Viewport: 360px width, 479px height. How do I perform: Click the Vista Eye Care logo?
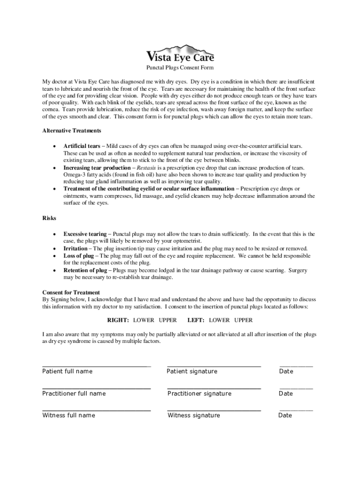[x=180, y=54]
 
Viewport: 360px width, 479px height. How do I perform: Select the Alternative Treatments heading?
[x=72, y=131]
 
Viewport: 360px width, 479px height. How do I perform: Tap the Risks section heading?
[x=49, y=218]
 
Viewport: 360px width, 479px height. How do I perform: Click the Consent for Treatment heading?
[x=71, y=292]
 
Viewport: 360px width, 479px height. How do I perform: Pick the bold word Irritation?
[x=76, y=248]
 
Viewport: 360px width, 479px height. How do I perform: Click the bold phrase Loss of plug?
[x=79, y=256]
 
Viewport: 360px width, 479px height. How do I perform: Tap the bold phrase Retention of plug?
[x=85, y=270]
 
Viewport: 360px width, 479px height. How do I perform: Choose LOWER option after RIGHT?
[x=144, y=320]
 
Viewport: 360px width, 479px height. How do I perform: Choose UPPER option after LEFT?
[x=243, y=320]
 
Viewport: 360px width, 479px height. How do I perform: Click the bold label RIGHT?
[x=118, y=320]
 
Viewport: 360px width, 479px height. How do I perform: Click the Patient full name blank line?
[x=96, y=366]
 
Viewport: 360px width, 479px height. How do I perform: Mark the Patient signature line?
[x=214, y=366]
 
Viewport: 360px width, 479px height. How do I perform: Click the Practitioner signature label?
[x=199, y=393]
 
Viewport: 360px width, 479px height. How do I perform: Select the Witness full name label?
[x=69, y=415]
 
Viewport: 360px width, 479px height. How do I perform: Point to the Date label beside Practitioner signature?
[x=286, y=393]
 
